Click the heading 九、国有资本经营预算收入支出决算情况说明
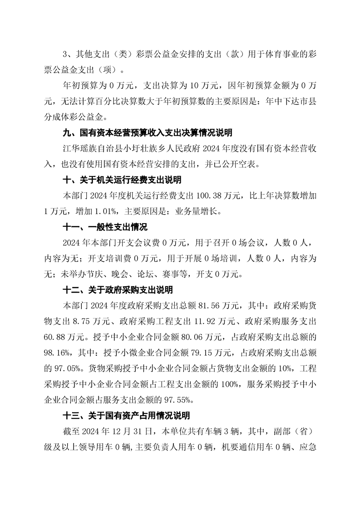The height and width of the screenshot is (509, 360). [x=147, y=133]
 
